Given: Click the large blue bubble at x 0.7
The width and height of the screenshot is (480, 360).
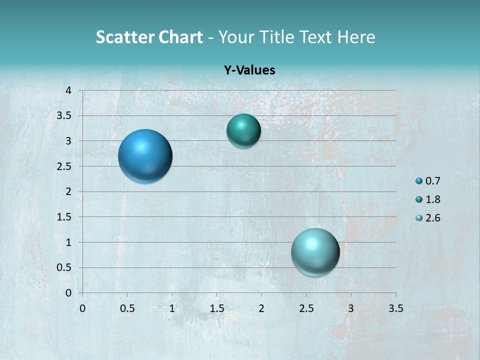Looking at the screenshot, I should pyautogui.click(x=145, y=156).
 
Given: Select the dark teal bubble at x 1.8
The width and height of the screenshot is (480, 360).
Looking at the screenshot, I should pyautogui.click(x=243, y=131).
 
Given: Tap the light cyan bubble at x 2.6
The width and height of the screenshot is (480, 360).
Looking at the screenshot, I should pyautogui.click(x=315, y=252).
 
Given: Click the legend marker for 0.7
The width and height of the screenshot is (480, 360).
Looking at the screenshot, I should pyautogui.click(x=419, y=181).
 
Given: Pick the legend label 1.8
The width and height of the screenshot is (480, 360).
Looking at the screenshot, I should pyautogui.click(x=432, y=199).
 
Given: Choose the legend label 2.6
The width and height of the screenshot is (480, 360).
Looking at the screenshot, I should pyautogui.click(x=432, y=218).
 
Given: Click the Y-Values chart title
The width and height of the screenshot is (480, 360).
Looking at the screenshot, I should pyautogui.click(x=249, y=70).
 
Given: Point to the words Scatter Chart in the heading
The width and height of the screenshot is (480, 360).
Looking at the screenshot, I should pyautogui.click(x=149, y=37).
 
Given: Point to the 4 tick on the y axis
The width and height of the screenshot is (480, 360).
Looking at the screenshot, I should pyautogui.click(x=68, y=90).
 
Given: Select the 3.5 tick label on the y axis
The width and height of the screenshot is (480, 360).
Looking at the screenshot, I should pyautogui.click(x=64, y=116).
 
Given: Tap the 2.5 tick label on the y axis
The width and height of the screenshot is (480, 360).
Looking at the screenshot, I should pyautogui.click(x=64, y=166).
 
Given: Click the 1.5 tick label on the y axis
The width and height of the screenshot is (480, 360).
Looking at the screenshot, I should pyautogui.click(x=64, y=217).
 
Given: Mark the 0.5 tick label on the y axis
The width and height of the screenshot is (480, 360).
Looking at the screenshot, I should pyautogui.click(x=64, y=267).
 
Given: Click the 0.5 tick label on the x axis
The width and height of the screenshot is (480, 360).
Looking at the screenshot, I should pyautogui.click(x=127, y=308).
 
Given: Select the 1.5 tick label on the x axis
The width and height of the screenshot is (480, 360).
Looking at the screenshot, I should pyautogui.click(x=216, y=308).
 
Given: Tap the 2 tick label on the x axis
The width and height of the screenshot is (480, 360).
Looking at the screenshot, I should pyautogui.click(x=261, y=308).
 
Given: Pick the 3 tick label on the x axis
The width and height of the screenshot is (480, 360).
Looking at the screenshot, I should pyautogui.click(x=351, y=308).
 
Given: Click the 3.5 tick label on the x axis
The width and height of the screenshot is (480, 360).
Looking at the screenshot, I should pyautogui.click(x=395, y=308).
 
